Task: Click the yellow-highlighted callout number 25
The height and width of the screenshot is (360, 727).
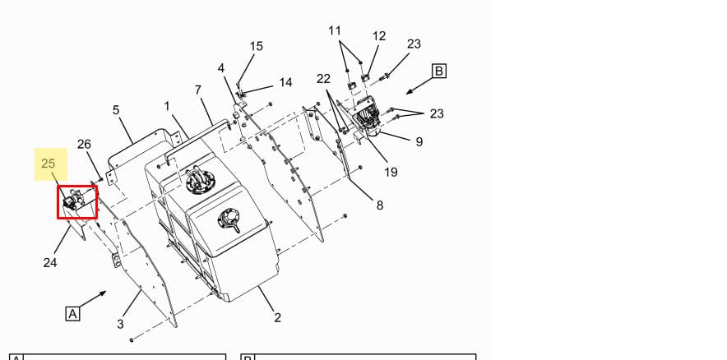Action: (x=48, y=164)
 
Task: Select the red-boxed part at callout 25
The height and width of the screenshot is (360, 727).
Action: (x=76, y=202)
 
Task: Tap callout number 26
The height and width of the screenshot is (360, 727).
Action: (x=84, y=145)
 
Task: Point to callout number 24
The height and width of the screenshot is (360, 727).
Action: (x=50, y=263)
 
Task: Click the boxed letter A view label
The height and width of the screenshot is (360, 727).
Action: (x=73, y=313)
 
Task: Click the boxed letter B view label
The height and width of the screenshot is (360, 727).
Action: (x=438, y=72)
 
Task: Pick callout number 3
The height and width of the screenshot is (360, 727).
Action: (x=120, y=324)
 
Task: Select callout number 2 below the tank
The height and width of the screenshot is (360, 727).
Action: (x=277, y=317)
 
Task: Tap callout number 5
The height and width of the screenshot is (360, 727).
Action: (x=116, y=109)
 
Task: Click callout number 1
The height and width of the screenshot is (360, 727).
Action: (x=167, y=106)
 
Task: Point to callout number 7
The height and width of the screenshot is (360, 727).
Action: (x=197, y=90)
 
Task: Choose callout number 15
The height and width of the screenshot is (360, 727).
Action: (x=257, y=46)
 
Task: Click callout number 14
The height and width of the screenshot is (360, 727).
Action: (x=285, y=82)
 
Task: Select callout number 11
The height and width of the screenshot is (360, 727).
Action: (x=335, y=30)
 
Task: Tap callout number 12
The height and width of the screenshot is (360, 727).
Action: (x=379, y=36)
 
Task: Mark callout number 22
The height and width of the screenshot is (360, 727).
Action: (x=323, y=79)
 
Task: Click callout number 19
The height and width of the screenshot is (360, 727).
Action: (x=391, y=172)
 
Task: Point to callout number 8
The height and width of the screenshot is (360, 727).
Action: (x=379, y=205)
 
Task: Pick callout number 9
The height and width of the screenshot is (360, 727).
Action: (x=419, y=141)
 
